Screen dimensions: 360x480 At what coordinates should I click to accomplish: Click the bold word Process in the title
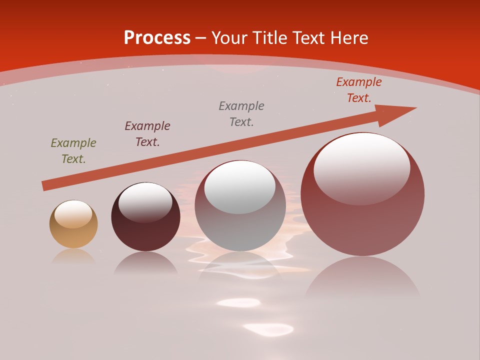pos(157,38)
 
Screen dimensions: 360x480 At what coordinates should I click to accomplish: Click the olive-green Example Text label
pos(73,151)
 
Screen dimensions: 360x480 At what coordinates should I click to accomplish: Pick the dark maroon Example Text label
pos(147,134)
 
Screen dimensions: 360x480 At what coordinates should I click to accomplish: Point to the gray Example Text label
pos(241,113)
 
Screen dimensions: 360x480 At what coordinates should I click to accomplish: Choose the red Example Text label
pos(359,90)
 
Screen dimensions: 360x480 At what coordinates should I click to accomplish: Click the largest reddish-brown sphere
pos(362,220)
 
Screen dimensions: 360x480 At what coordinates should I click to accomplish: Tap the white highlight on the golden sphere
pos(73,214)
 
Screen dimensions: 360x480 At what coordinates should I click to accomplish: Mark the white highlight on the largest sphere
pos(362,168)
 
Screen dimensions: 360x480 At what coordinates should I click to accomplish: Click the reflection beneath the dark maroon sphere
pos(145,264)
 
